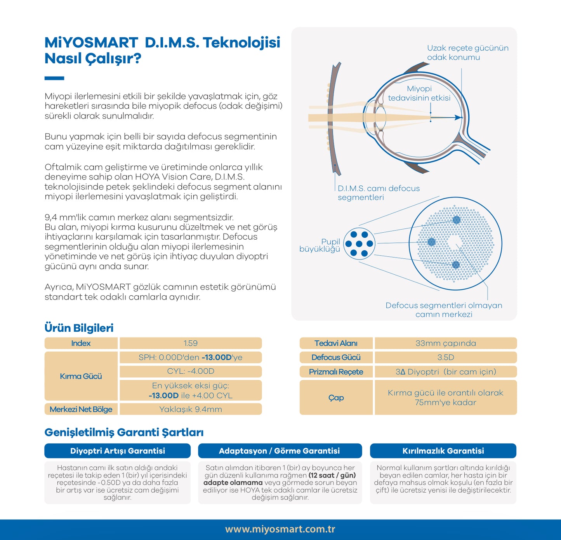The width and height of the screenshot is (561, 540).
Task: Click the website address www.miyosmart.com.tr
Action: click(x=280, y=529)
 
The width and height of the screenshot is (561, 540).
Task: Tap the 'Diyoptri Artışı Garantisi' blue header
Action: click(x=117, y=451)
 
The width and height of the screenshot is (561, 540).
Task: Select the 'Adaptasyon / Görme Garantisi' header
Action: click(x=280, y=451)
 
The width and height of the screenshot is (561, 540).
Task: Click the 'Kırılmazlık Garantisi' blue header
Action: click(x=443, y=451)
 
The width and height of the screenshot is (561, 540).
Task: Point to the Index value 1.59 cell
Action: click(x=191, y=343)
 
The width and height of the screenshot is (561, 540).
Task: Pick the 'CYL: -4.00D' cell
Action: click(x=191, y=371)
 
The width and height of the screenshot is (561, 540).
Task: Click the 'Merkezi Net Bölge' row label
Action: click(x=81, y=409)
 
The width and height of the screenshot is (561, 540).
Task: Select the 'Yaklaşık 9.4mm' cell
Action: click(x=191, y=409)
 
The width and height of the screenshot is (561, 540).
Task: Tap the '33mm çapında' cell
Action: click(x=445, y=343)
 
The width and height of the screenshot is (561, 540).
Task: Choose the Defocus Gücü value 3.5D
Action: click(x=445, y=357)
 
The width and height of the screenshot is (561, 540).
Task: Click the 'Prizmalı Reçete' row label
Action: click(x=336, y=371)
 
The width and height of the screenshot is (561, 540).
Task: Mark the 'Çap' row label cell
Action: click(x=336, y=397)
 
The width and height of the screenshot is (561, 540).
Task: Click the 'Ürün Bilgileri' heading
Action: click(x=79, y=327)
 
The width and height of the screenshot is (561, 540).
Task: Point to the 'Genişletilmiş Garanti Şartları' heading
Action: click(x=124, y=432)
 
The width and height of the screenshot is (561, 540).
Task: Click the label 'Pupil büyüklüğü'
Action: click(x=320, y=245)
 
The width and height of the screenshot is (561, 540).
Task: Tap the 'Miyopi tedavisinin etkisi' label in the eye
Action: click(x=419, y=93)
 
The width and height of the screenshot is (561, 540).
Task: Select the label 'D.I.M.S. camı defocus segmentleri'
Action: click(x=378, y=193)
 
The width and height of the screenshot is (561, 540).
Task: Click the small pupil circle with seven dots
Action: click(x=359, y=244)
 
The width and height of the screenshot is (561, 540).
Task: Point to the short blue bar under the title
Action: click(x=54, y=78)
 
